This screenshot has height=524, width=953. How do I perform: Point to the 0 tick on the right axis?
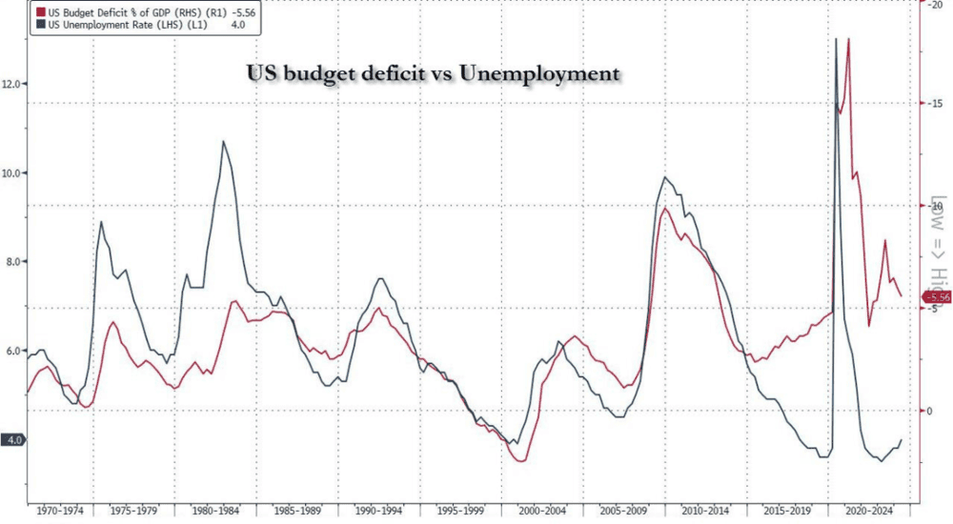(934, 411)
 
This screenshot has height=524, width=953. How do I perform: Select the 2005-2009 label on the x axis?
(623, 510)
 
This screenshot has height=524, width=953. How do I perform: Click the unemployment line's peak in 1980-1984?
(224, 141)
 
